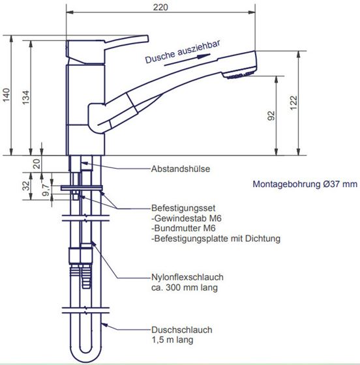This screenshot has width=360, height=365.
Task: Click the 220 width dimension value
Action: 160,7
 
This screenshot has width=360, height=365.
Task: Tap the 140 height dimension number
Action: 7,95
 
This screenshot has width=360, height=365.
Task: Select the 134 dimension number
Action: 26,97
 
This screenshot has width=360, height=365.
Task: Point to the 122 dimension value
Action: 293,103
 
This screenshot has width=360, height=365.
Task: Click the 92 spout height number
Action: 271,116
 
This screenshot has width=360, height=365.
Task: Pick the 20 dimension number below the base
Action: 37,164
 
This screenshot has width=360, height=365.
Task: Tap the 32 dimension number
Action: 26,186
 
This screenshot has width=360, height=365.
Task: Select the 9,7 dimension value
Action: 46,190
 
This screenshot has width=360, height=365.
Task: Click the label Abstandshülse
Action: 181,169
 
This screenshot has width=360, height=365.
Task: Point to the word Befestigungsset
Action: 183,208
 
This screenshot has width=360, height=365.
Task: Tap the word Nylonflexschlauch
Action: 187,277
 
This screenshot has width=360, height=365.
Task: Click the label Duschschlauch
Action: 181,330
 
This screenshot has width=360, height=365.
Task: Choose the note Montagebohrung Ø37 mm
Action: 305,184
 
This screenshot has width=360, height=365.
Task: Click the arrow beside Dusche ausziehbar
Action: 187,60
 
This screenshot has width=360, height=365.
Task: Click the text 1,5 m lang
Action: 172,340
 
